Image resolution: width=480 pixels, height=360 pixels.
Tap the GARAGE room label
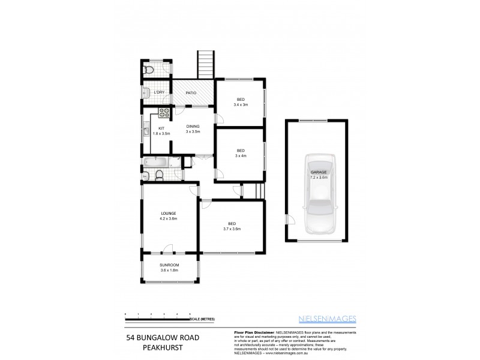(x=318, y=172)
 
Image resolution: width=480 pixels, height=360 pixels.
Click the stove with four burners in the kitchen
(x=166, y=112)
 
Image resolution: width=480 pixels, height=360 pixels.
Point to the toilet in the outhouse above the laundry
(x=149, y=70)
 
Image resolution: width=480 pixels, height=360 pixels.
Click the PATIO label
(x=191, y=92)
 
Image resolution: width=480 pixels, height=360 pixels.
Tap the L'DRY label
(x=160, y=92)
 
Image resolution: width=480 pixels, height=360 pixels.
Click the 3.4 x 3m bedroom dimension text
(x=241, y=104)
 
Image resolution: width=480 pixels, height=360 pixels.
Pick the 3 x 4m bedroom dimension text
(x=241, y=155)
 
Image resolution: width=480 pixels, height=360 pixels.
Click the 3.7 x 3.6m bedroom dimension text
(x=232, y=229)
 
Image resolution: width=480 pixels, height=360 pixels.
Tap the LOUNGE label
(x=168, y=213)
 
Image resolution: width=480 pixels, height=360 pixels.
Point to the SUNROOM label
(x=169, y=265)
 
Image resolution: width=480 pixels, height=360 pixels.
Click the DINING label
(x=193, y=126)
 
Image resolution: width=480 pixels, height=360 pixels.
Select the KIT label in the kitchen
(x=161, y=128)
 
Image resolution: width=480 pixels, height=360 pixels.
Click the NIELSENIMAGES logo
(x=328, y=319)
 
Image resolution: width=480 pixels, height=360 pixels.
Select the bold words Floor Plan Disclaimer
(x=253, y=332)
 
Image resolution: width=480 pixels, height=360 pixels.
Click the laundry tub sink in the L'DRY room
(x=146, y=92)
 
